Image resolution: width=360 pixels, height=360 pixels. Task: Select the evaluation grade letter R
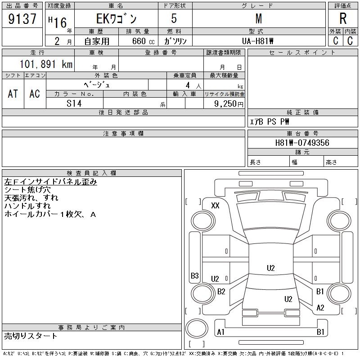pyautogui.click(x=342, y=19)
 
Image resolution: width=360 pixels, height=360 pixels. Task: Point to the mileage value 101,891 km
pyautogui.click(x=45, y=64)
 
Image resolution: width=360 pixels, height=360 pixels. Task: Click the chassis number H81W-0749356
pyautogui.click(x=302, y=143)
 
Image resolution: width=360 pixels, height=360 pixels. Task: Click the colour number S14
pyautogui.click(x=74, y=103)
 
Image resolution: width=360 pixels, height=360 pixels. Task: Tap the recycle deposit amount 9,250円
pyautogui.click(x=229, y=103)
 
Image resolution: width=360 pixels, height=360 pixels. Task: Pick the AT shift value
pyautogui.click(x=13, y=94)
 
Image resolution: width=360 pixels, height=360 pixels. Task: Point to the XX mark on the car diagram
pyautogui.click(x=215, y=206)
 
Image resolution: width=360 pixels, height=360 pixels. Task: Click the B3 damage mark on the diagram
pyautogui.click(x=195, y=275)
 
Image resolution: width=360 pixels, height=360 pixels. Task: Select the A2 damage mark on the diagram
pyautogui.click(x=320, y=308)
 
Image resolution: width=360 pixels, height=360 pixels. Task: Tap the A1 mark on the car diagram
pyautogui.click(x=220, y=332)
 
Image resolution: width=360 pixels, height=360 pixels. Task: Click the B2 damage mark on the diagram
pyautogui.click(x=221, y=292)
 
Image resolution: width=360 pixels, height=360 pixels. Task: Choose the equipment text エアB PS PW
pyautogui.click(x=270, y=121)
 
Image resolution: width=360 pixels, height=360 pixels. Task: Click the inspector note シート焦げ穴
pyautogui.click(x=27, y=190)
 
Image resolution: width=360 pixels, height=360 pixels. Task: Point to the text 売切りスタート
pyautogui.click(x=31, y=336)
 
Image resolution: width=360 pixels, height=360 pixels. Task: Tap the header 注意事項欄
pyautogui.click(x=123, y=134)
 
